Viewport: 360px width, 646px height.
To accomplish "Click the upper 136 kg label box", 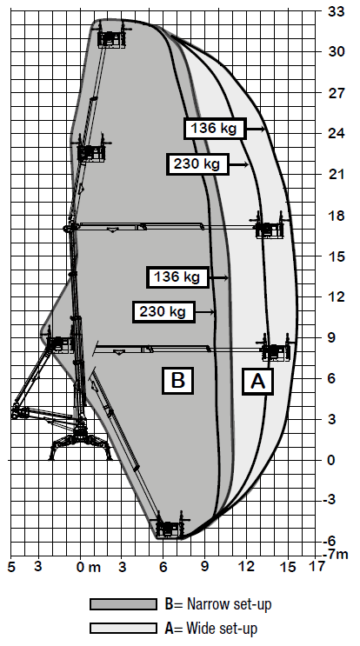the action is click(215, 129).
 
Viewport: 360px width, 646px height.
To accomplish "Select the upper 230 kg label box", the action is click(197, 164).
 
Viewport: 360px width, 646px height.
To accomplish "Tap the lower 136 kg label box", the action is click(178, 276).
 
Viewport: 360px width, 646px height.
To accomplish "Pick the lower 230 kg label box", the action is click(163, 311).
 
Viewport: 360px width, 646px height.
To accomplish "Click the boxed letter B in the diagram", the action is click(177, 380).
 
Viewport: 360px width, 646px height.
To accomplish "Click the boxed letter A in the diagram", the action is click(258, 382).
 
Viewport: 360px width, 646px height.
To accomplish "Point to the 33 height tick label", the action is click(337, 11).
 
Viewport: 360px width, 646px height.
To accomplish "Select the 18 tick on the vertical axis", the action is click(337, 216).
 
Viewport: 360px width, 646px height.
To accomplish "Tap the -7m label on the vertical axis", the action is click(335, 555).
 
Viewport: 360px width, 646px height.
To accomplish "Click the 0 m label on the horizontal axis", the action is click(88, 568).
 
